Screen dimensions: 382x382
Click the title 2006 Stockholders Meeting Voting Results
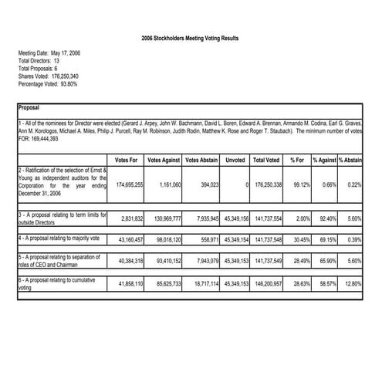(x=191, y=36)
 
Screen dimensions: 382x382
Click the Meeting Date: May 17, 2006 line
(x=49, y=53)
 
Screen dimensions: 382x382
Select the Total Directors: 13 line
(x=39, y=61)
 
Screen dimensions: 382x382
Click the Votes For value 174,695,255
(x=129, y=186)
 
